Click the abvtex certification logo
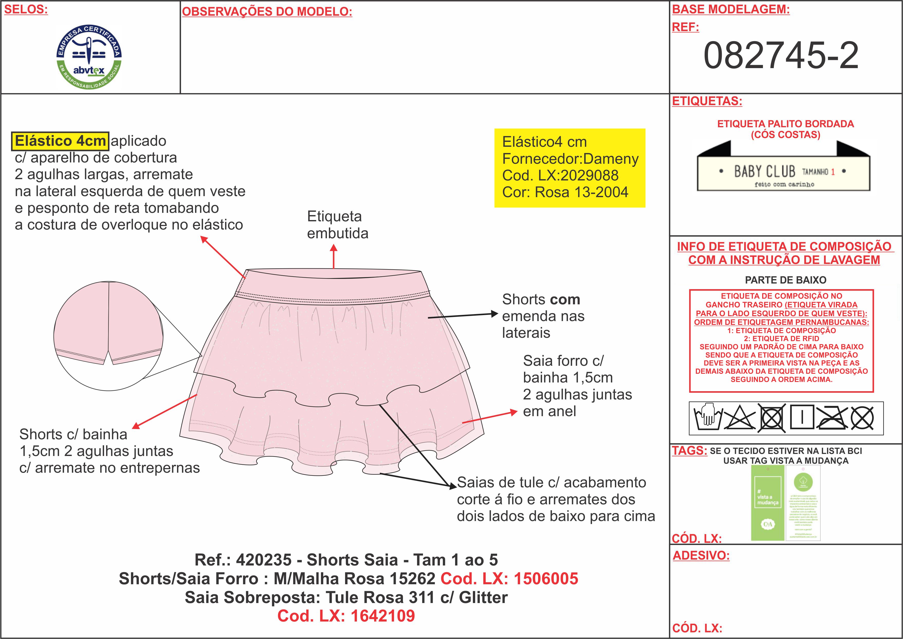[89, 56]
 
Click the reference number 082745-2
[781, 56]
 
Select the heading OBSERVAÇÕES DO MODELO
[267, 12]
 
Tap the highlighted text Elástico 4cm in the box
[60, 141]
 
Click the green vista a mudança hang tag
[767, 503]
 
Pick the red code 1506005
[546, 578]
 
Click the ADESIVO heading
[701, 555]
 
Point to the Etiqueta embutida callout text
[337, 225]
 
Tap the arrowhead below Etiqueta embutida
[334, 248]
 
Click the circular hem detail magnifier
[108, 336]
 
